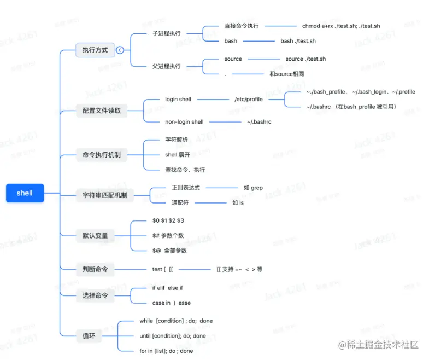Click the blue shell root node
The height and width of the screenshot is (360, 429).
[x=25, y=193]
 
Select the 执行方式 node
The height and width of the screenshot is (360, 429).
[x=95, y=50]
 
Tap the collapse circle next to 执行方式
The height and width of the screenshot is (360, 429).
[x=120, y=50]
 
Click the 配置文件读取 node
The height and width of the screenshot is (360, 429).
[x=102, y=111]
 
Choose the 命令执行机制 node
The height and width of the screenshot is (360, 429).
[x=102, y=155]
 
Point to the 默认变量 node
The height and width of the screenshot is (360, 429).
[x=95, y=236]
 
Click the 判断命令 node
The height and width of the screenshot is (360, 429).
[x=95, y=269]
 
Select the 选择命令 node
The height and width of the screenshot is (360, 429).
[x=95, y=295]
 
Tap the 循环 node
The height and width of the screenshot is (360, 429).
[x=89, y=335]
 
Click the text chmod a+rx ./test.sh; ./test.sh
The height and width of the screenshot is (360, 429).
[x=340, y=26]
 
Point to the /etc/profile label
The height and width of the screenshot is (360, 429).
[x=248, y=100]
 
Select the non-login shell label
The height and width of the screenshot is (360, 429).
[x=184, y=122]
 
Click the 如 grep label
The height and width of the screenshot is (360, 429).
[x=253, y=188]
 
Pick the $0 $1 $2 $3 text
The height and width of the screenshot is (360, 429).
[x=168, y=220]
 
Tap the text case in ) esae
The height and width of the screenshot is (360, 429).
[x=171, y=303]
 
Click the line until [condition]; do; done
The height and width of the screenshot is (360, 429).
[x=173, y=336]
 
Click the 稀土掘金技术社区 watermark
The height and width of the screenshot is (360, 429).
[x=378, y=345]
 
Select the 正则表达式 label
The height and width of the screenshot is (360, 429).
[x=186, y=188]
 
